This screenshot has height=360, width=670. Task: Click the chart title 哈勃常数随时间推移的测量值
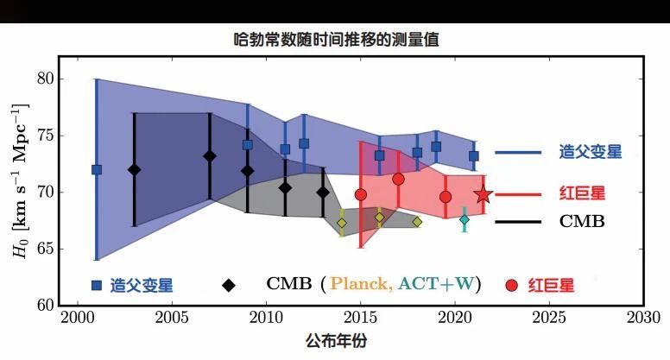coord(336,40)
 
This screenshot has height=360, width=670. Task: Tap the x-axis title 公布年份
coord(336,340)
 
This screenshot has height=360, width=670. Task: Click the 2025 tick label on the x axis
coord(549,318)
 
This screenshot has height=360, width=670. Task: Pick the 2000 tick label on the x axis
coord(78,318)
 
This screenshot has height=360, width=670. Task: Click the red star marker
coord(484,195)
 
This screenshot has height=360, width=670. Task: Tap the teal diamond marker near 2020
coord(465,219)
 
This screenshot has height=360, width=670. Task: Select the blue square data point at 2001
coord(97,169)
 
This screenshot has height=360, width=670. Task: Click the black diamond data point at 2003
coord(134,170)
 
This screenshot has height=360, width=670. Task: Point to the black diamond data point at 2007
coord(209,156)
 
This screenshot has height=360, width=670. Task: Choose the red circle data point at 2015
coord(361,195)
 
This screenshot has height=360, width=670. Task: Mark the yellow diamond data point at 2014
coord(342,223)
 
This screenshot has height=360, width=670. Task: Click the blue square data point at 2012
coord(304,143)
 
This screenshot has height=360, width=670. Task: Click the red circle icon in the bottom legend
coord(511,285)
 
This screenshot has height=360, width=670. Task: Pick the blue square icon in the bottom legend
coord(97,285)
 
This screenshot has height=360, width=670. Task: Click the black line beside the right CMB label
coord(518,222)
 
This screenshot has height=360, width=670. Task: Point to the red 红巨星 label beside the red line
coord(583,193)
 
